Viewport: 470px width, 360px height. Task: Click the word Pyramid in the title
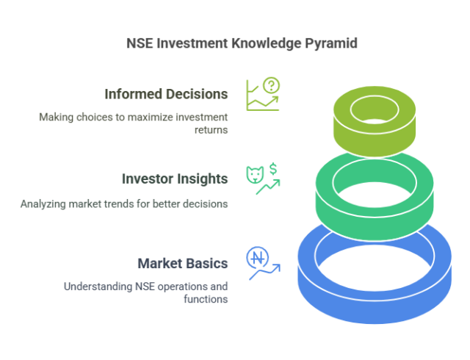pyautogui.click(x=331, y=43)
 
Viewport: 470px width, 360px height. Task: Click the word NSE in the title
pyautogui.click(x=141, y=43)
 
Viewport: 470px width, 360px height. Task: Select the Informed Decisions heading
pyautogui.click(x=166, y=94)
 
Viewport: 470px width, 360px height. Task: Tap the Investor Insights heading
pyautogui.click(x=174, y=179)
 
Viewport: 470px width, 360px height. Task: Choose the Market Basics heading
pyautogui.click(x=183, y=263)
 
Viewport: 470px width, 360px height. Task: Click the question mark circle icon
pyautogui.click(x=272, y=85)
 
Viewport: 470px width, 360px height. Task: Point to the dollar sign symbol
pyautogui.click(x=273, y=170)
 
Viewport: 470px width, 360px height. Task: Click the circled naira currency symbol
pyautogui.click(x=258, y=258)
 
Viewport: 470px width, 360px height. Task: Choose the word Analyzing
pyautogui.click(x=43, y=204)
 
